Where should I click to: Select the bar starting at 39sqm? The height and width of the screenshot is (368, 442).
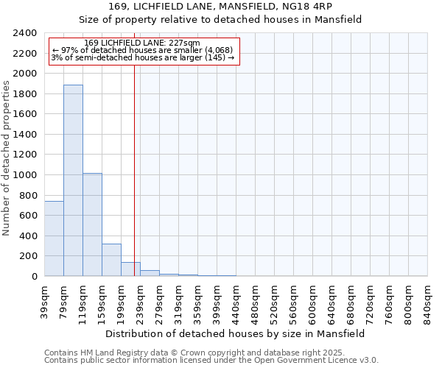click(x=54, y=238)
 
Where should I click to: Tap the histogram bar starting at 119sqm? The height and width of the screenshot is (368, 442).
click(x=92, y=224)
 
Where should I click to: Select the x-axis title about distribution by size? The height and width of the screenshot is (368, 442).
click(x=235, y=333)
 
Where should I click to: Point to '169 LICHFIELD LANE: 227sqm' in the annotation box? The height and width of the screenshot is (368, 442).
click(x=142, y=43)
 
